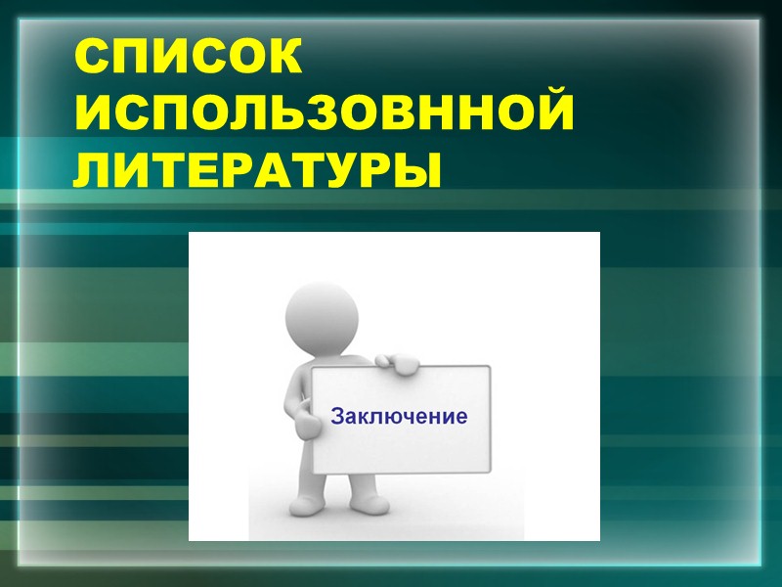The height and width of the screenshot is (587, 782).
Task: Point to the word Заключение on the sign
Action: click(x=399, y=416)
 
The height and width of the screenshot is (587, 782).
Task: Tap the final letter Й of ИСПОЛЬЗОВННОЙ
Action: click(x=548, y=115)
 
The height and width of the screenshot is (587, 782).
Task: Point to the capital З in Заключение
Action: click(x=337, y=416)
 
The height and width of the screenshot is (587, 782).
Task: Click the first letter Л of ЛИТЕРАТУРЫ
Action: click(x=97, y=170)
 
